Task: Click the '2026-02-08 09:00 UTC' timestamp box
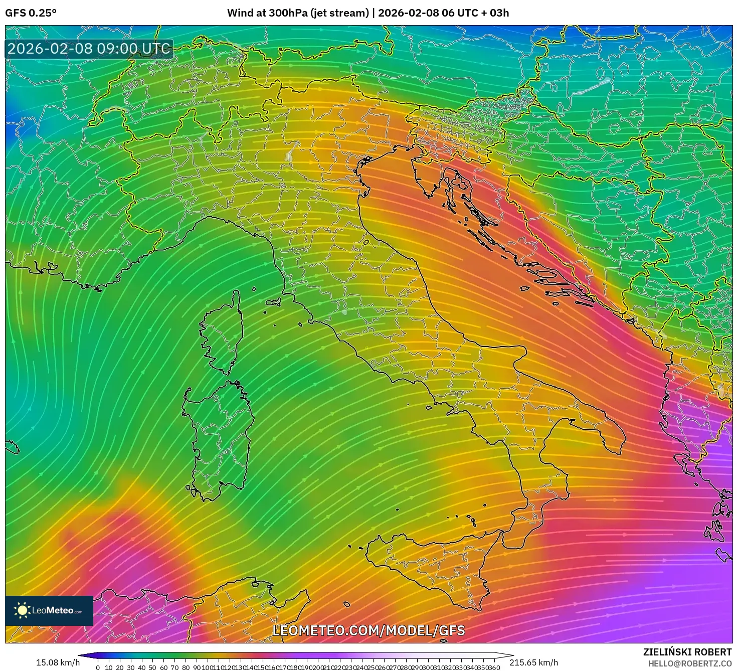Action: coord(89,49)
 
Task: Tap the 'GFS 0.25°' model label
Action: coord(31,13)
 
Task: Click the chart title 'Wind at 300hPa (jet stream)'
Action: coord(298,13)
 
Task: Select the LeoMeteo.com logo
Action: coord(49,610)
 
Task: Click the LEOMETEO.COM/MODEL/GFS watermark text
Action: coord(368,630)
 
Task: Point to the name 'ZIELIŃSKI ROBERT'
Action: coord(687,652)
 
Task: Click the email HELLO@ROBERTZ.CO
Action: coord(689,663)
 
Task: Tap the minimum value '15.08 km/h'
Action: coord(58,662)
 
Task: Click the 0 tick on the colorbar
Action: coord(98,667)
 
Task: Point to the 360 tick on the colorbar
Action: coord(494,667)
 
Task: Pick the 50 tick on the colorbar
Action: coord(153,667)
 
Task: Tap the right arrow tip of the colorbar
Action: coord(512,655)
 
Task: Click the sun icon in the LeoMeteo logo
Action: coord(22,610)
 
